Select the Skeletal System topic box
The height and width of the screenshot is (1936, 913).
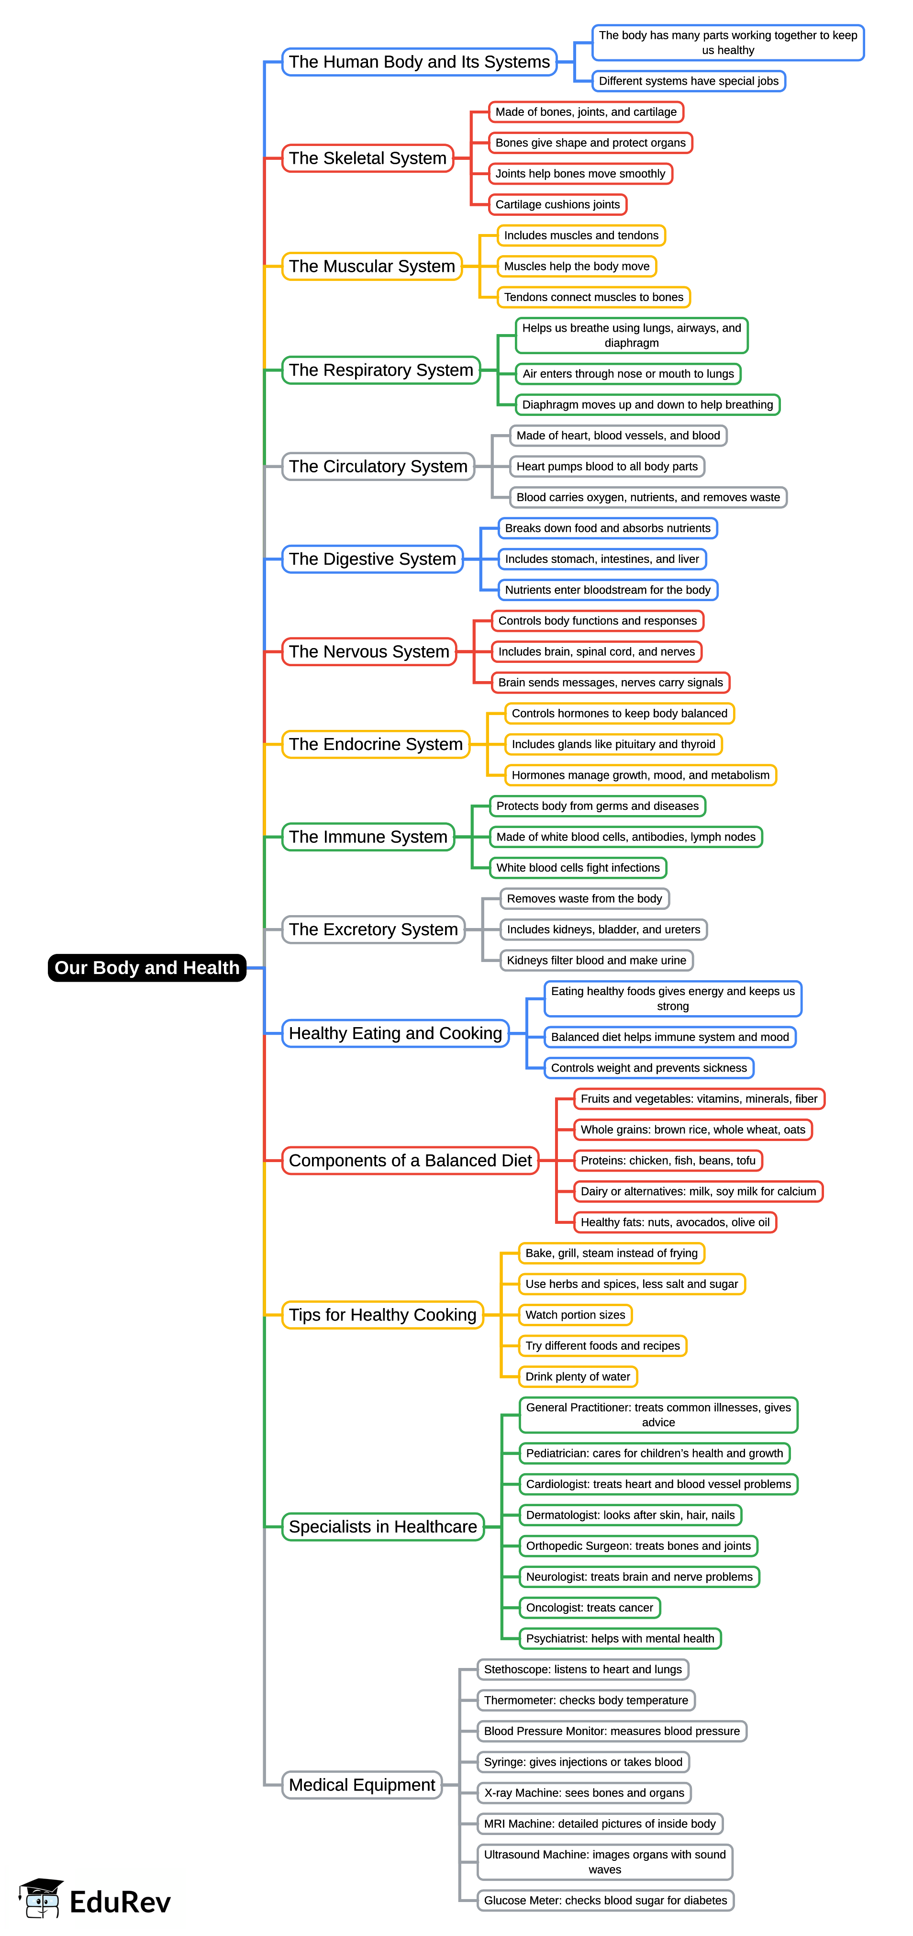pos(367,158)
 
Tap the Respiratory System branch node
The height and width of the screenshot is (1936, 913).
pos(381,370)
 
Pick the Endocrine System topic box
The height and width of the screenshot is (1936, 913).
pos(376,744)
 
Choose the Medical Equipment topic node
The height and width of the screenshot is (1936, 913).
pos(361,1784)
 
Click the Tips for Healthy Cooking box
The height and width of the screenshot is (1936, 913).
pos(382,1314)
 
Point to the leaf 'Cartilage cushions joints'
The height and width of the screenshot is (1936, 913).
pos(557,204)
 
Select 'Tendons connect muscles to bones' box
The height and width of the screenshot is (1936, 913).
pos(594,297)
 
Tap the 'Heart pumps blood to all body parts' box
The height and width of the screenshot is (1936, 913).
pos(607,466)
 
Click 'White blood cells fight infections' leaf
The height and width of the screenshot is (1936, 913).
pos(578,867)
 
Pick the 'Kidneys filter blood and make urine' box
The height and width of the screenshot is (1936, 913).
pos(597,960)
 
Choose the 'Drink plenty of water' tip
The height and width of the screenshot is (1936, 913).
pos(578,1376)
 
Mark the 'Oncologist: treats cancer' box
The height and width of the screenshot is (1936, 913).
pos(590,1608)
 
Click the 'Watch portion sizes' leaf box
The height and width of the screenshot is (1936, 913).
pos(576,1314)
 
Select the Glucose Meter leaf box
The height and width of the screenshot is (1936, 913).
pos(606,1900)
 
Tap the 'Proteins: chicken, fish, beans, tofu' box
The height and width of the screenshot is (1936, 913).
pos(668,1160)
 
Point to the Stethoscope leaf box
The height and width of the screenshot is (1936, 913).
pos(583,1669)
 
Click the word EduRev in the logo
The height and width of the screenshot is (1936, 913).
pos(120,1902)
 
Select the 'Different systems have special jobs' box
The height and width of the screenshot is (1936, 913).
pos(688,81)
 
